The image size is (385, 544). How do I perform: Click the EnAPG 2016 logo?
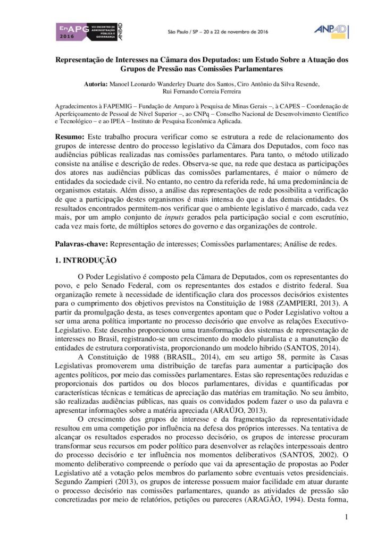pyautogui.click(x=89, y=32)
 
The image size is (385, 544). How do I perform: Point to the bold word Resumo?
pyautogui.click(x=70, y=137)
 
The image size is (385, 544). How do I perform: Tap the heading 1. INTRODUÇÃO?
pyautogui.click(x=86, y=260)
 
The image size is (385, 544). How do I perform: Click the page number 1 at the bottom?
pyautogui.click(x=346, y=516)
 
